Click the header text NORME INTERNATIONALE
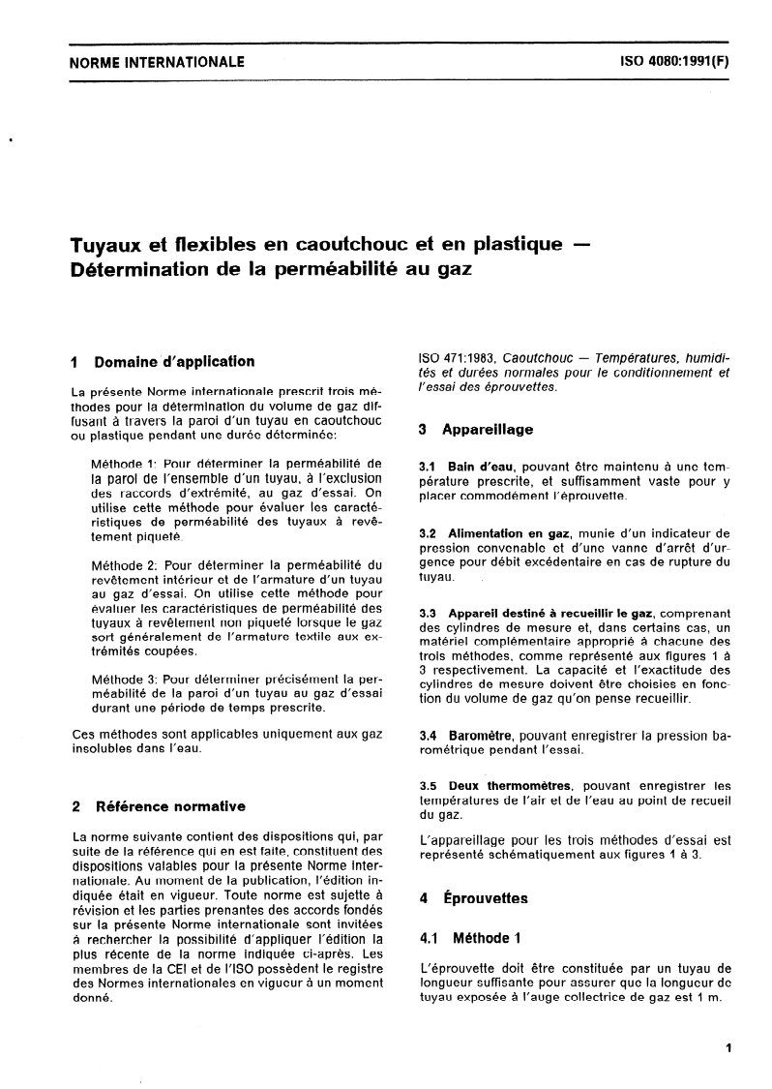pyautogui.click(x=158, y=63)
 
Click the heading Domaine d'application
pyautogui.click(x=174, y=362)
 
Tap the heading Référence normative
pyautogui.click(x=169, y=805)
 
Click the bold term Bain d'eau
pyautogui.click(x=479, y=468)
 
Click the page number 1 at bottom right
pyautogui.click(x=727, y=1047)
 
